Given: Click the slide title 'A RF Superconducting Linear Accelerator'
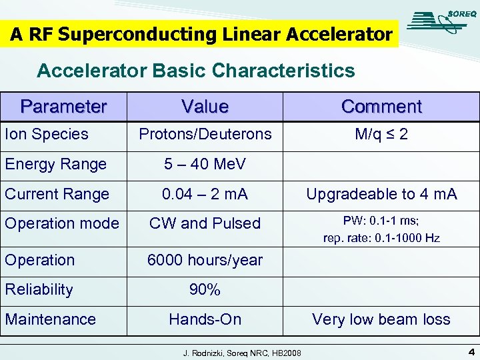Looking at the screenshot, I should (x=201, y=35).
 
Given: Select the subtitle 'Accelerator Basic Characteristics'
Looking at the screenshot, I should (x=196, y=70).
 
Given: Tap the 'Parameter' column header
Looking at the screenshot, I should (x=63, y=107).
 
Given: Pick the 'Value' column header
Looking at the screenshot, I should (x=205, y=107).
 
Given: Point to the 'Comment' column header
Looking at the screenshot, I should (x=381, y=107).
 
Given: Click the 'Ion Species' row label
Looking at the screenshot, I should (x=47, y=134).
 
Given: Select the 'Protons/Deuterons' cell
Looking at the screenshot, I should (x=205, y=134).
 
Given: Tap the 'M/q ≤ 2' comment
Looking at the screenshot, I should (x=381, y=134).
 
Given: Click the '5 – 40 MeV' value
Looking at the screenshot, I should (x=205, y=164).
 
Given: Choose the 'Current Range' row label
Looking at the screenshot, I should (x=57, y=194).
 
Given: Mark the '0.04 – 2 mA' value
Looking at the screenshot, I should (x=205, y=194).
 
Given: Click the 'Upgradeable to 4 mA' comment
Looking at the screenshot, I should (x=381, y=194).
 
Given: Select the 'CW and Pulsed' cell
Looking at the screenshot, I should (x=205, y=223).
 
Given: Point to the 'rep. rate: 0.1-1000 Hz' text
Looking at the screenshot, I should (x=381, y=237).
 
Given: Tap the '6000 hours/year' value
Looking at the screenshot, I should (x=205, y=260).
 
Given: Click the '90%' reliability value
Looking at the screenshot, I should (x=205, y=289).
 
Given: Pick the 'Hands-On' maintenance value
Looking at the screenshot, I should (x=205, y=319).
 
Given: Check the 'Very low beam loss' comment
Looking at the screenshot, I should (x=381, y=319).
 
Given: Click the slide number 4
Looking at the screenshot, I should (x=471, y=351).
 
